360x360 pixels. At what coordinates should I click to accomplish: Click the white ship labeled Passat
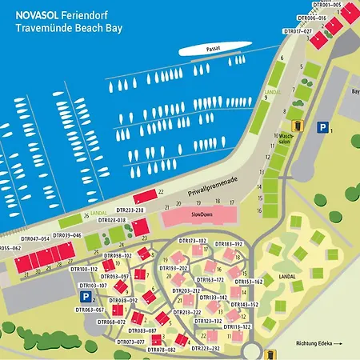210,49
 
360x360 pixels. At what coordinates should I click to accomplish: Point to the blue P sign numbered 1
322,126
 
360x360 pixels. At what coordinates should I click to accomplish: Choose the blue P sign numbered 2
85,296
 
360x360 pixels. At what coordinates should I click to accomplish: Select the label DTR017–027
298,30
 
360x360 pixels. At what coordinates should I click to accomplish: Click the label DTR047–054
35,238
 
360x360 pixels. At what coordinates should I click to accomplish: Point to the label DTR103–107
93,285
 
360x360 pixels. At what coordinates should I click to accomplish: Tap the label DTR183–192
228,243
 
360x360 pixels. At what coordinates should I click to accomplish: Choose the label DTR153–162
248,282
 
